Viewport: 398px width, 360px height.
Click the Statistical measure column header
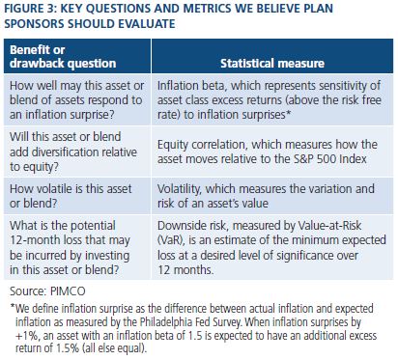pos(272,63)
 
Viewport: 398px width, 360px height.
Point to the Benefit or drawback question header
pos(63,57)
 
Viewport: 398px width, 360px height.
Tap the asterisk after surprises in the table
pos(288,113)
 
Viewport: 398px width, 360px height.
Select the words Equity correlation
pos(202,145)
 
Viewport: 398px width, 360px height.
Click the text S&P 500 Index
pos(329,159)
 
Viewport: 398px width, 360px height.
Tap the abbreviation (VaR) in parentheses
pos(172,240)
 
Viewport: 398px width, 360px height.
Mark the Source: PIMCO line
pos(47,291)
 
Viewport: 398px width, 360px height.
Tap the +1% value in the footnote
pos(27,336)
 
